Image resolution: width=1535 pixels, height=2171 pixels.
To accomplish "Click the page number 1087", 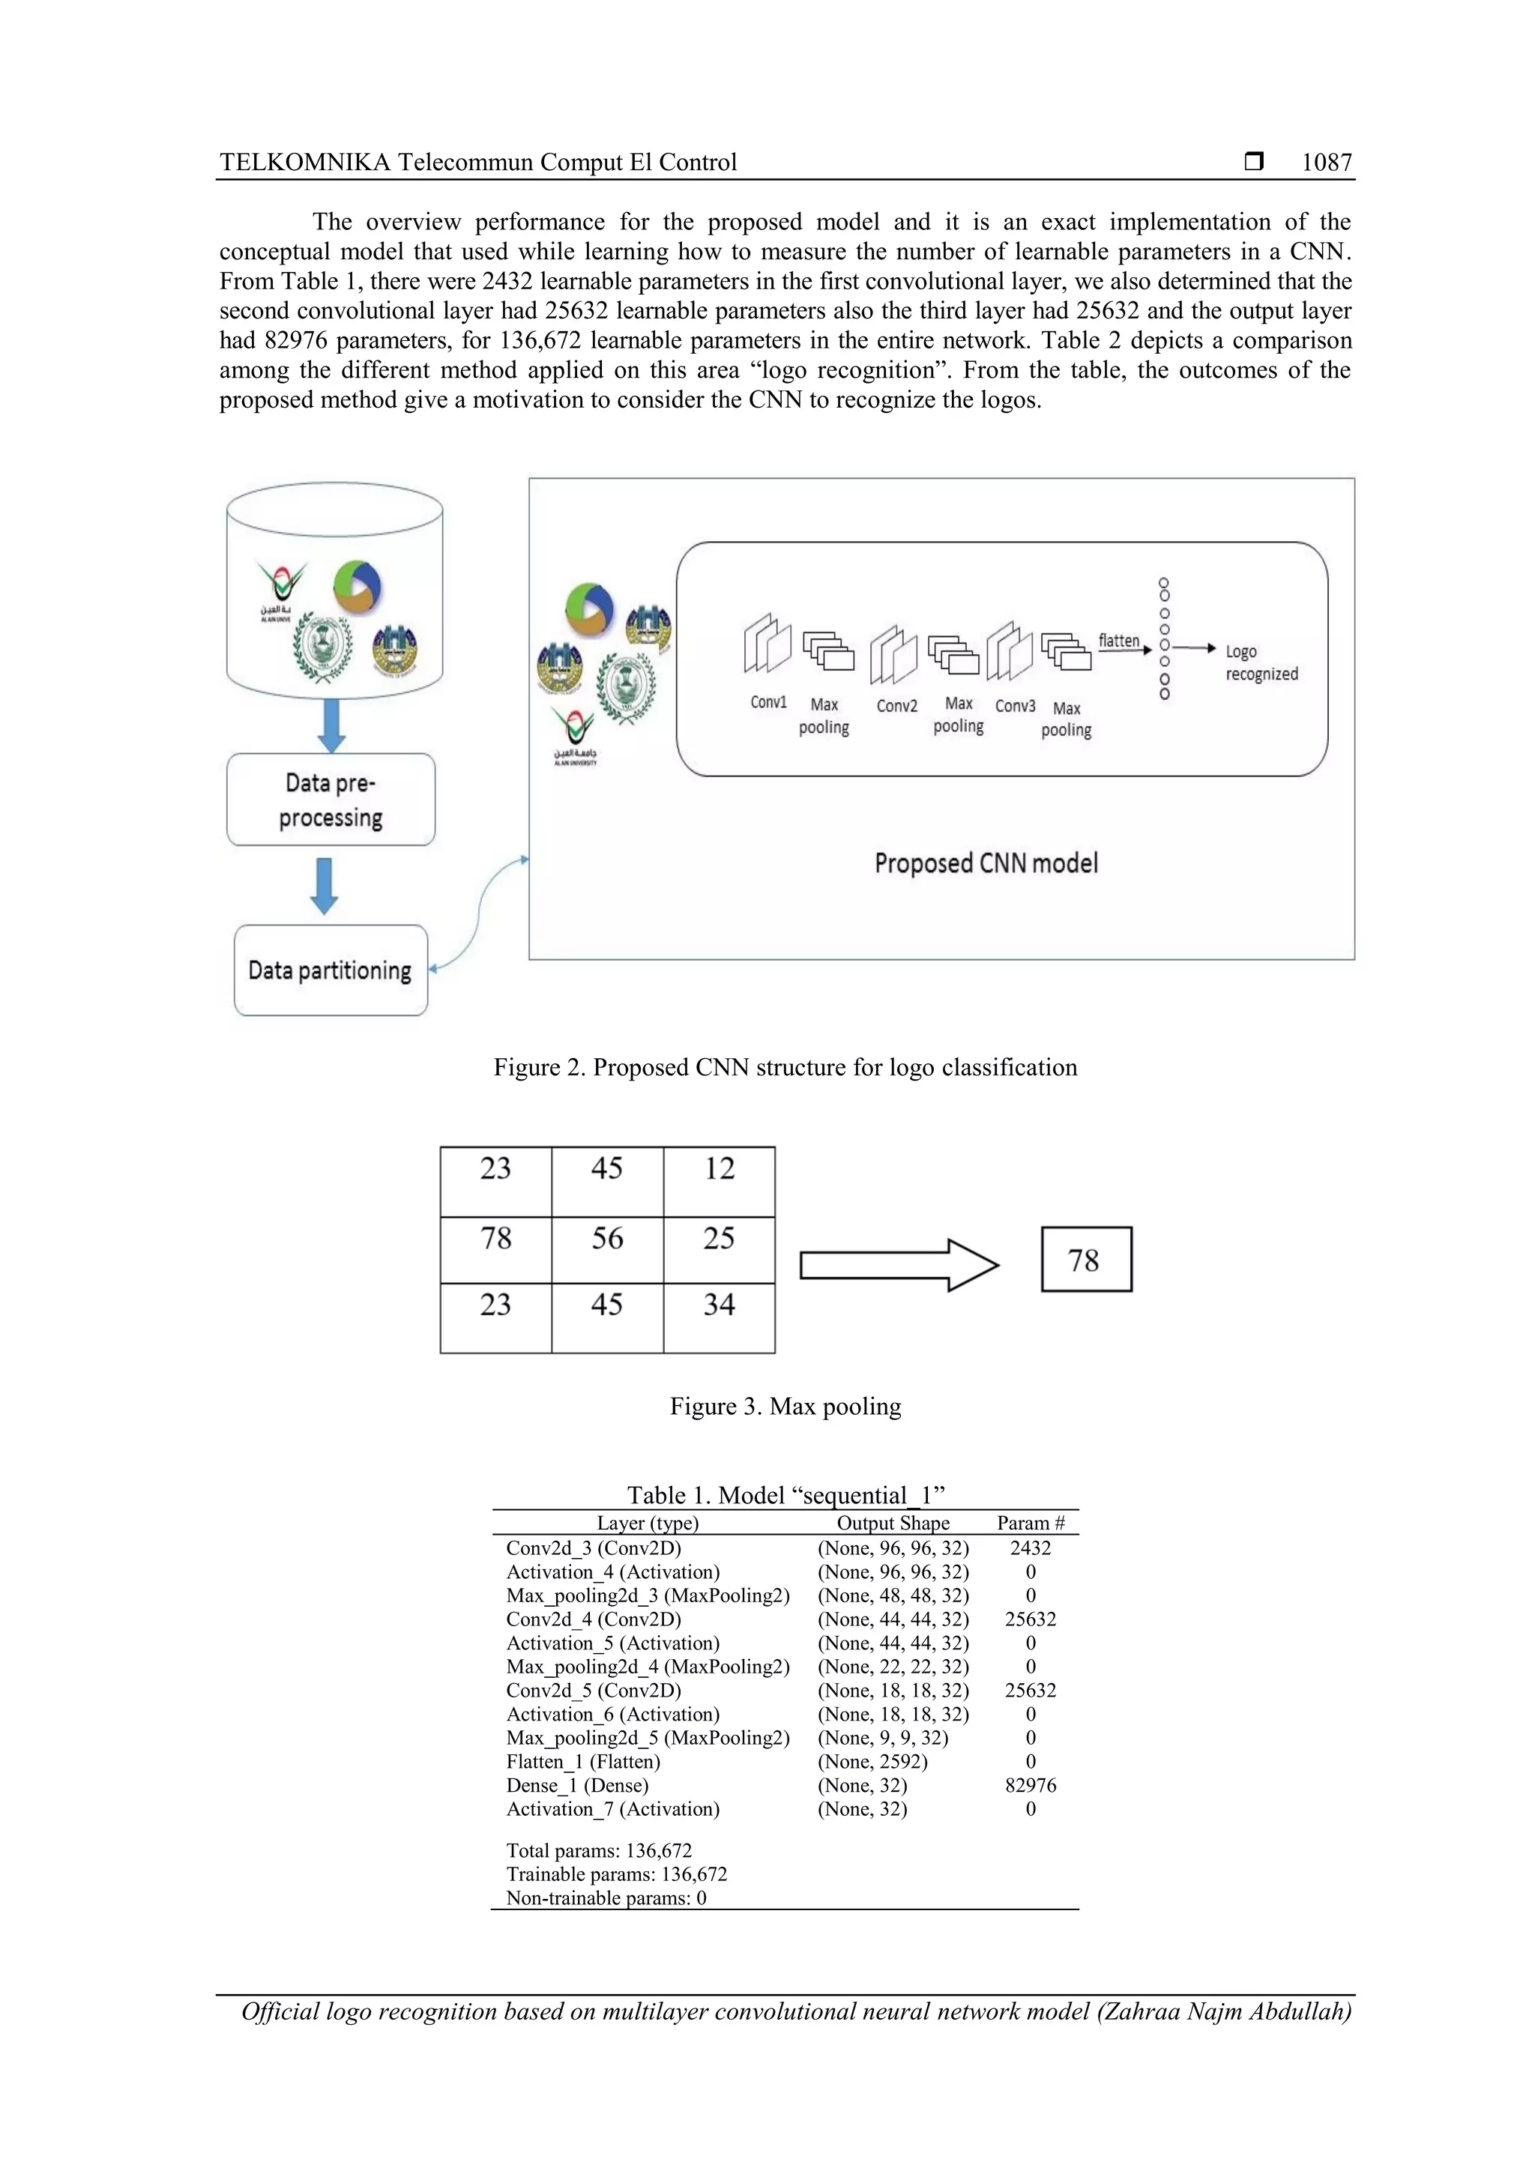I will [1326, 163].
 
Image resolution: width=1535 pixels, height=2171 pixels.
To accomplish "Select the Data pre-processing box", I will [330, 800].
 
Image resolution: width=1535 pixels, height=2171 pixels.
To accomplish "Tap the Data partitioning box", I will [330, 970].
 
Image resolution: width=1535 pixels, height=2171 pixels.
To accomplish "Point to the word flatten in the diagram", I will [1118, 641].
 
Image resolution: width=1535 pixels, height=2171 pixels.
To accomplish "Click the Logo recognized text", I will [1261, 662].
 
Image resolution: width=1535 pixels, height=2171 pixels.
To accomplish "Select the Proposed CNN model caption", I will [986, 863].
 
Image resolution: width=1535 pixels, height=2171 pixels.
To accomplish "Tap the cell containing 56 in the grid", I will [607, 1249].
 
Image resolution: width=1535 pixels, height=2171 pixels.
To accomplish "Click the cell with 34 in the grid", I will [719, 1317].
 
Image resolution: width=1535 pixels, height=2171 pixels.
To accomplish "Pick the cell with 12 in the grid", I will [719, 1181].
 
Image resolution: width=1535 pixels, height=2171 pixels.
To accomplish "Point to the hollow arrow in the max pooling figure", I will [899, 1265].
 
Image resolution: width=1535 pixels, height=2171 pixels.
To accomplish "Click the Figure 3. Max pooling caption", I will [785, 1406].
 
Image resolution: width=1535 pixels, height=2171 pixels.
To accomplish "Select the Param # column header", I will [1030, 1522].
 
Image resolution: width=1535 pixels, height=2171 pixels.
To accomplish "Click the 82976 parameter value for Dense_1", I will [1030, 1785].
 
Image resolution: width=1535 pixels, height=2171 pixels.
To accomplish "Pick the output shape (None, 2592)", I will [872, 1762].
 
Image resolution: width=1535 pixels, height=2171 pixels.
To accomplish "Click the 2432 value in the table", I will [1030, 1548].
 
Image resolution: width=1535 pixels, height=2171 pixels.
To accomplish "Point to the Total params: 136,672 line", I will [599, 1850].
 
